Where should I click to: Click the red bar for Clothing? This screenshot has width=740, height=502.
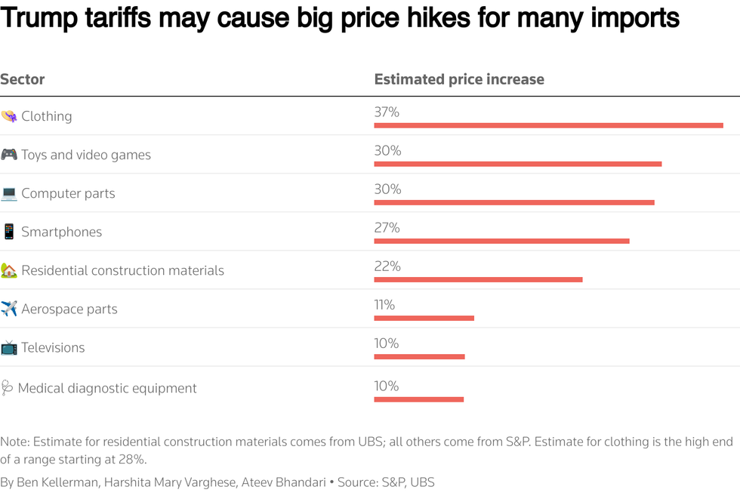pos(548,125)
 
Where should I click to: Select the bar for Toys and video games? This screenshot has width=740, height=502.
pos(517,164)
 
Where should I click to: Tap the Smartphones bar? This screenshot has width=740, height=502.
pos(501,241)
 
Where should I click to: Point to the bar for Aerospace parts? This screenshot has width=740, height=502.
pos(424,318)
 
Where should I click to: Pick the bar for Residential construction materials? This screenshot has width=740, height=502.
pos(478,279)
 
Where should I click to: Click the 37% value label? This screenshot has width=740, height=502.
pos(387,112)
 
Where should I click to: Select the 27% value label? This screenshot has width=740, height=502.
pos(387,227)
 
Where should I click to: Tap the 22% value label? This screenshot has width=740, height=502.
pos(387,266)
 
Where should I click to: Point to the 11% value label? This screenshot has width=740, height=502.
pos(384,304)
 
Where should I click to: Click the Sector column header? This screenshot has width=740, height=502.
pos(23,79)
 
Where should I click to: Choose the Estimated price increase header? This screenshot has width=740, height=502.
pos(459,79)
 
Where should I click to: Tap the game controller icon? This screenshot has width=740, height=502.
pos(9,155)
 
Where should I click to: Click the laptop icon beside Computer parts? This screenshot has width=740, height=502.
pos(9,193)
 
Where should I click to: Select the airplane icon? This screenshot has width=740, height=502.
pos(9,309)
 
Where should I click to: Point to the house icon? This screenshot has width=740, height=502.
pos(9,270)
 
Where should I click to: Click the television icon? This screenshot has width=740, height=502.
pos(9,347)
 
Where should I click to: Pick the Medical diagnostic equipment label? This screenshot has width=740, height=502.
pos(107,388)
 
